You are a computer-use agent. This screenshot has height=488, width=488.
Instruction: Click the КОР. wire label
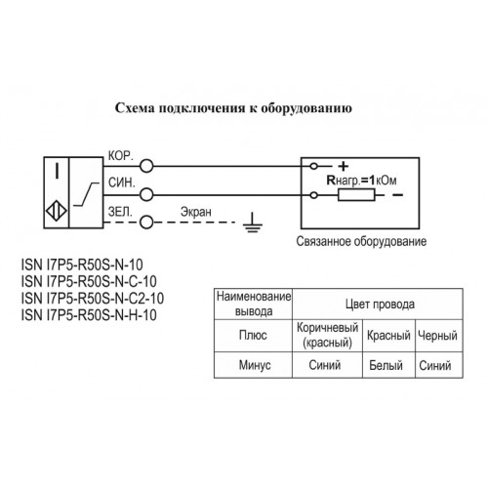(121, 156)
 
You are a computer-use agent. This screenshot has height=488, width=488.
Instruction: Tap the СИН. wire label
(121, 183)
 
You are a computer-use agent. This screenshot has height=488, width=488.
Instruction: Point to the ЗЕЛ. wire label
(120, 212)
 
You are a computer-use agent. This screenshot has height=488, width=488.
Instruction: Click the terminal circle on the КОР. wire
(146, 166)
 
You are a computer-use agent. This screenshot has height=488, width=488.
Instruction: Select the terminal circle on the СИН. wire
(146, 195)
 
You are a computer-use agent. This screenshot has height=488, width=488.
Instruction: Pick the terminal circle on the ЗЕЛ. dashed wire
(146, 223)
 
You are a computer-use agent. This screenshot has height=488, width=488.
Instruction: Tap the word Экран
(196, 212)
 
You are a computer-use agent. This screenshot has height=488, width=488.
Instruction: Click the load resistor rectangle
(356, 195)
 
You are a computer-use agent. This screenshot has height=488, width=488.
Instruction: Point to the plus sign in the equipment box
(344, 166)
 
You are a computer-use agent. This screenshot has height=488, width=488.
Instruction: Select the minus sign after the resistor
(398, 195)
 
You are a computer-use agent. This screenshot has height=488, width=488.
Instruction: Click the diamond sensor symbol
(57, 211)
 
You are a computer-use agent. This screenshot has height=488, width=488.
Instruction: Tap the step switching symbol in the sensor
(86, 194)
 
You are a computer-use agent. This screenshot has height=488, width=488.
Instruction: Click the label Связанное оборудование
(361, 241)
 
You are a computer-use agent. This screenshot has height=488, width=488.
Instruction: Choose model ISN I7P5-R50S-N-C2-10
(93, 298)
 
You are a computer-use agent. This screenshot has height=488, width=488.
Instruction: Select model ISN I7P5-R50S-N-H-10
(89, 314)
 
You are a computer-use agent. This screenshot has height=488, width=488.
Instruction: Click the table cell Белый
(386, 365)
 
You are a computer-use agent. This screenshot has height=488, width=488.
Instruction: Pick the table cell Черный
(437, 336)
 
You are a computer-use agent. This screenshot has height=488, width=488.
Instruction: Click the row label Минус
(255, 365)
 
